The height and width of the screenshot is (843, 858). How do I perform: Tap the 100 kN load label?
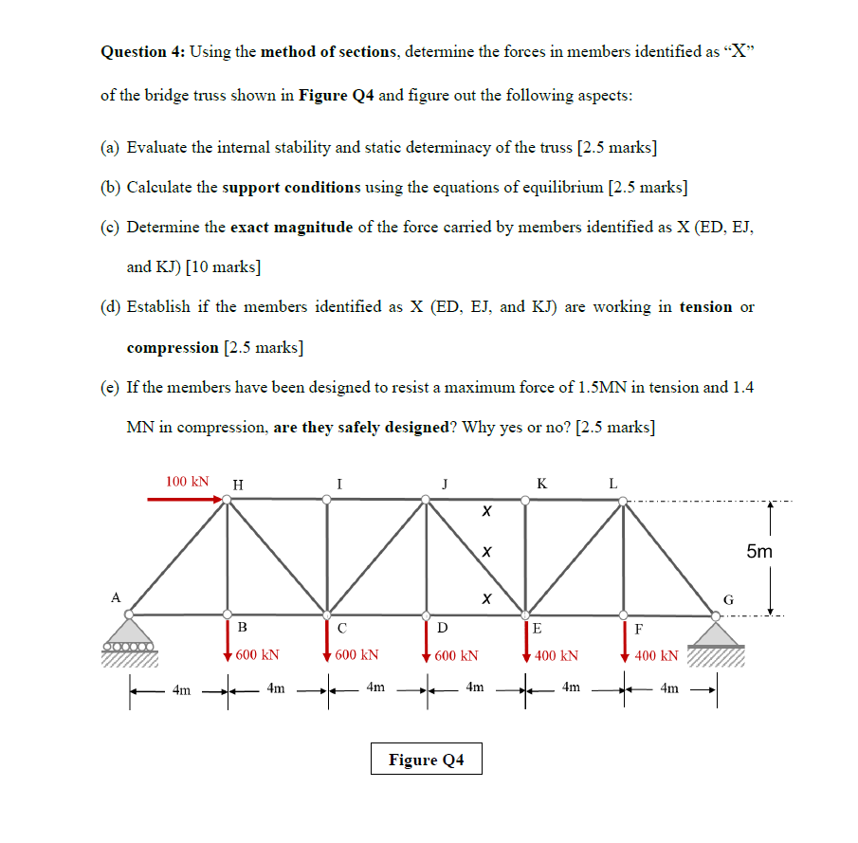coord(187,482)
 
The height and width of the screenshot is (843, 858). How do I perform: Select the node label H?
coord(237,484)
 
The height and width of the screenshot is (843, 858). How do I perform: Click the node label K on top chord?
coord(540,484)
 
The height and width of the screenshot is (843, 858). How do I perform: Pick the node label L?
coord(612,484)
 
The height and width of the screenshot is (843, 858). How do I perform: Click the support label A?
coord(116,597)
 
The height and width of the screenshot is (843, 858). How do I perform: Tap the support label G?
coord(728,599)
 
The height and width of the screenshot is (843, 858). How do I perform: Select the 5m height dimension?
coord(758,551)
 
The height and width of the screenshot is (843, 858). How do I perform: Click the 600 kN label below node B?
coord(257,655)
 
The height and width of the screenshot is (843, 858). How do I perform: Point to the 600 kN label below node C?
coord(357,655)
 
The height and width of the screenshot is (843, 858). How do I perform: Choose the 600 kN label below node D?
coord(456,655)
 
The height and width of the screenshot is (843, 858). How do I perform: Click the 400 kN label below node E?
coord(557,655)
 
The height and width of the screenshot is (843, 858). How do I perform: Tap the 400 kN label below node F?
coord(656,655)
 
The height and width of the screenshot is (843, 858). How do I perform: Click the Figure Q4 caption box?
coord(426,760)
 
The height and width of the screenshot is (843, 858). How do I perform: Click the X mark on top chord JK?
coord(484,511)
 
